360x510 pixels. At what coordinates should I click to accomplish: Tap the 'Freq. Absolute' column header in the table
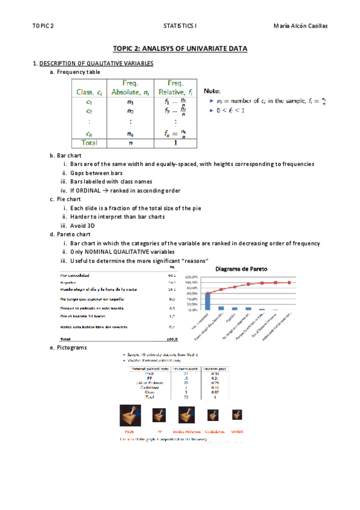(130, 88)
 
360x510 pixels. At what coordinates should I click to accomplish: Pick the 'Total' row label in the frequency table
(90, 143)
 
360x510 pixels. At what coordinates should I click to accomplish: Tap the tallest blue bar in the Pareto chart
(208, 301)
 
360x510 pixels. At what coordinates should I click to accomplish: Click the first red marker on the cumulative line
(208, 293)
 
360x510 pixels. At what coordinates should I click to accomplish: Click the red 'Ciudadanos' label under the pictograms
(213, 432)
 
